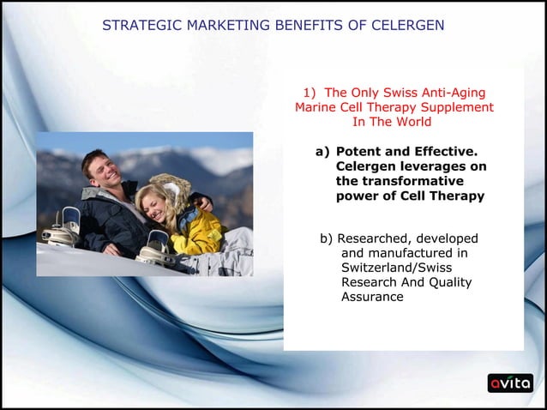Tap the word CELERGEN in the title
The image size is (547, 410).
pyautogui.click(x=408, y=25)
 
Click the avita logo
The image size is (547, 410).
pyautogui.click(x=510, y=383)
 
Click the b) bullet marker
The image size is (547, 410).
pyautogui.click(x=327, y=238)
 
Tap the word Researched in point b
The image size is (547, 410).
pyautogui.click(x=376, y=238)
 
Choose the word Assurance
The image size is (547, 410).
pyautogui.click(x=372, y=297)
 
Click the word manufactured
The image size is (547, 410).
pyautogui.click(x=411, y=252)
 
